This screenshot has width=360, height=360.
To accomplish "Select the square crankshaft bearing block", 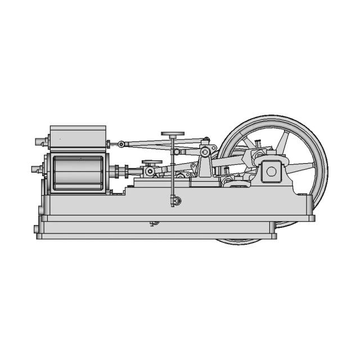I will [272, 171].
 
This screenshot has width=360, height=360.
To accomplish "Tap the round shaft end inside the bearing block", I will [272, 171].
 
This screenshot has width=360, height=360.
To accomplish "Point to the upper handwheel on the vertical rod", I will [173, 134].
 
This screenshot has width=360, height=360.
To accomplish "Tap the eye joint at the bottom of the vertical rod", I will [176, 200].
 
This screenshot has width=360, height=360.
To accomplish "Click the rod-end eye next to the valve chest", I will [121, 145].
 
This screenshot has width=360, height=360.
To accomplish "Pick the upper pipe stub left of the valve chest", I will [40, 142].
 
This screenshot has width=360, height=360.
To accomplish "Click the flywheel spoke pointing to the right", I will [301, 166].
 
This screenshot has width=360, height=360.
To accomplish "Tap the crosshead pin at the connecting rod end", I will [150, 171].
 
